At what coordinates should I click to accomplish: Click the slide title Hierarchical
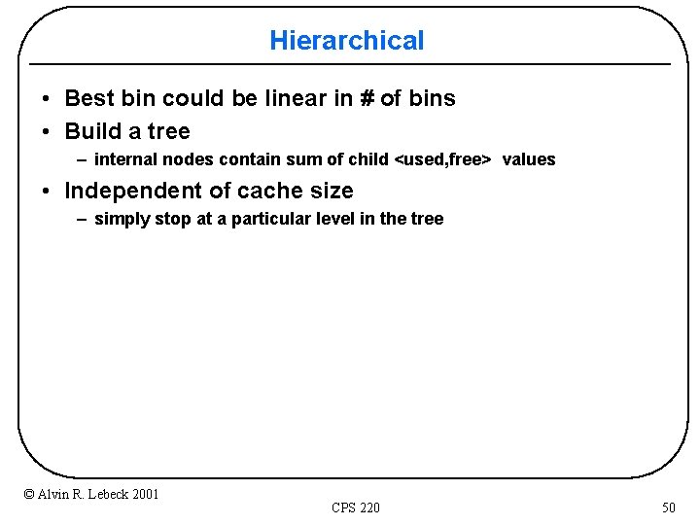347,41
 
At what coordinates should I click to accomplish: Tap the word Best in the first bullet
88,98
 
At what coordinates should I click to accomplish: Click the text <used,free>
441,159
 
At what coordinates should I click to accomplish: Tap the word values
529,159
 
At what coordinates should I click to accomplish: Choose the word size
329,191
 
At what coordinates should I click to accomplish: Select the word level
335,219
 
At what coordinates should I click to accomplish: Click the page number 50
668,507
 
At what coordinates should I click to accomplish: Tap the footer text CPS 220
356,507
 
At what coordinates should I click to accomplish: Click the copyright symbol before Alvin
29,495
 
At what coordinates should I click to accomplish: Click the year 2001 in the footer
145,495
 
